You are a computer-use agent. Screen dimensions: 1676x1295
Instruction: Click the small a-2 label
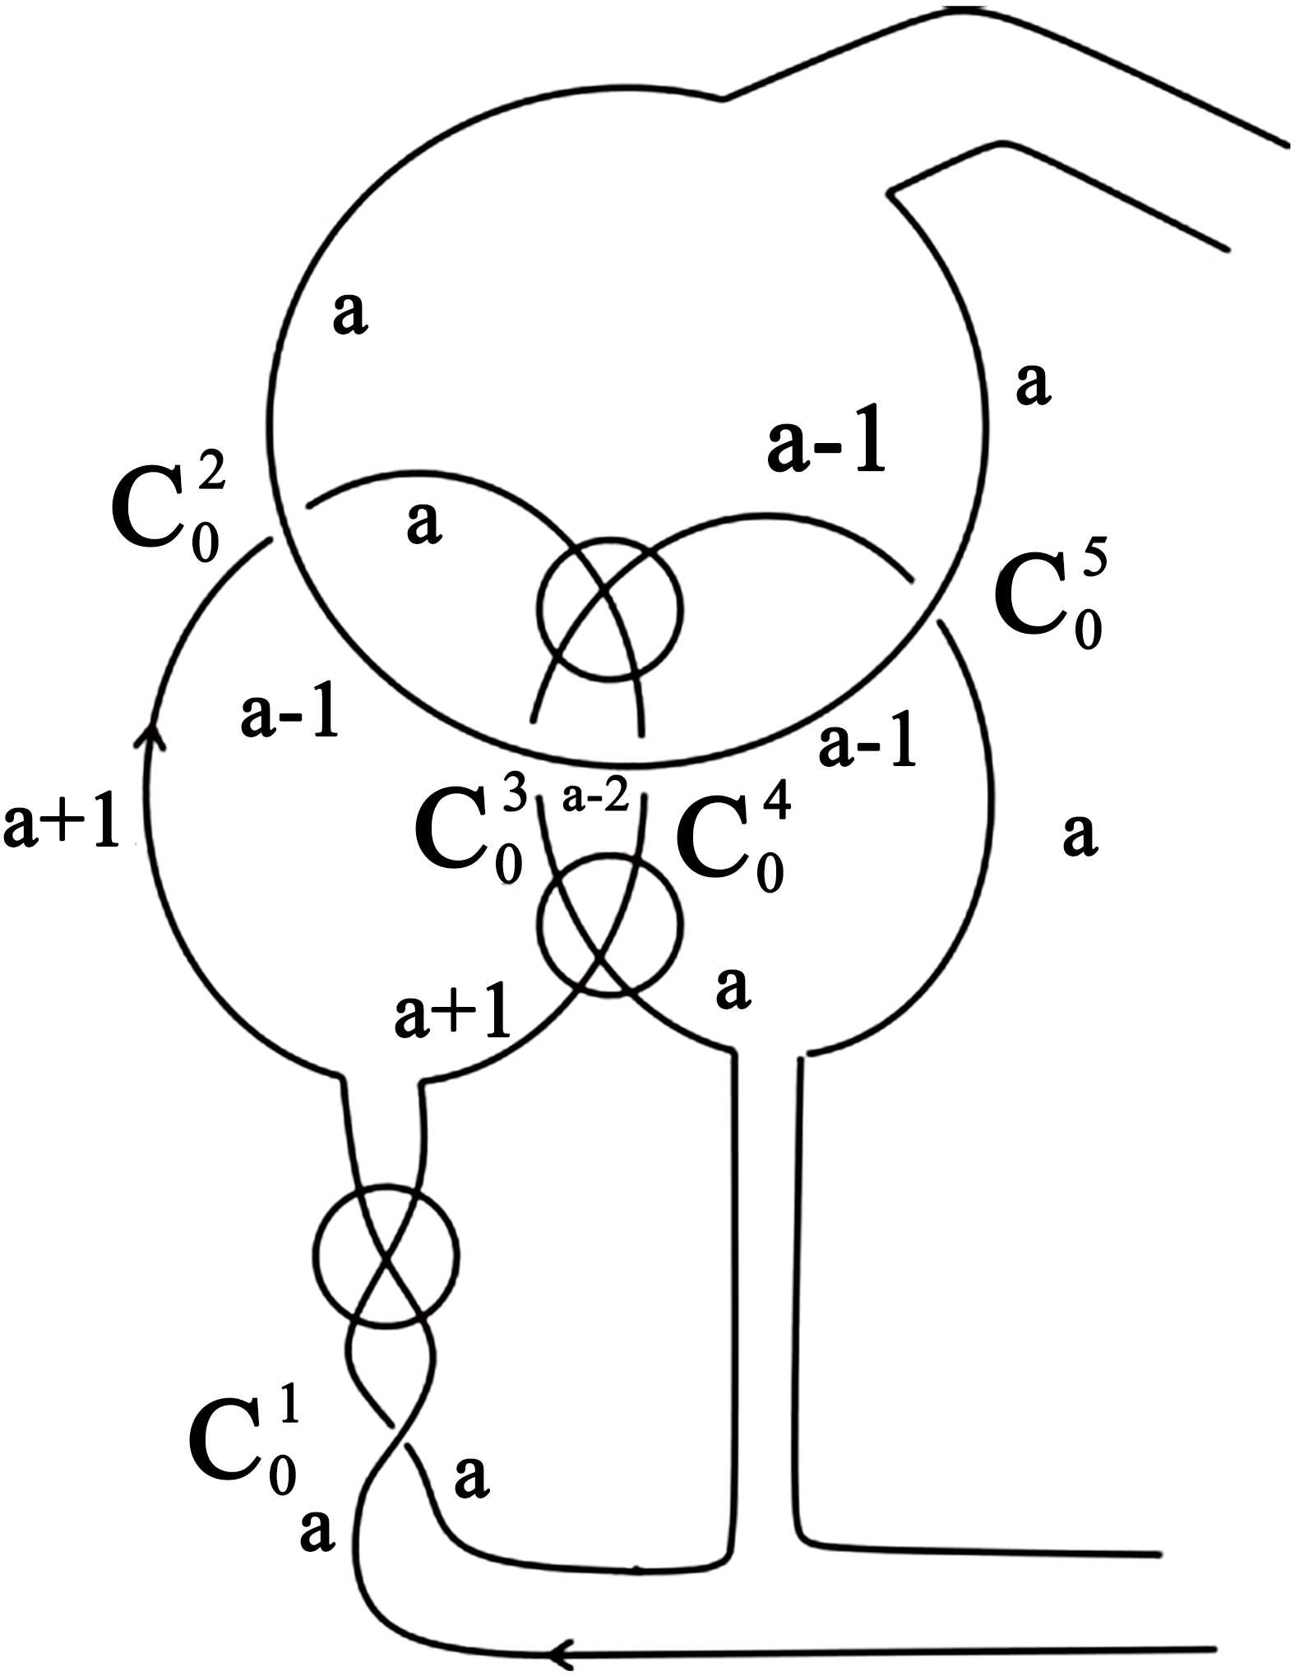pyautogui.click(x=596, y=797)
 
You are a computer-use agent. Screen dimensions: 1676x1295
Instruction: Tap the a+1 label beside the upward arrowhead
pyautogui.click(x=62, y=825)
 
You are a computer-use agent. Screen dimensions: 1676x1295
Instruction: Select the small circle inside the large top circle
pyautogui.click(x=609, y=610)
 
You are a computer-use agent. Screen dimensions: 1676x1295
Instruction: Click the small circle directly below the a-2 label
pyautogui.click(x=609, y=925)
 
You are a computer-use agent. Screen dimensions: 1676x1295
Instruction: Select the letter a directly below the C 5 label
pyautogui.click(x=1080, y=833)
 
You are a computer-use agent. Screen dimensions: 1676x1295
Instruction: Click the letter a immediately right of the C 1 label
pyautogui.click(x=471, y=1477)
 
